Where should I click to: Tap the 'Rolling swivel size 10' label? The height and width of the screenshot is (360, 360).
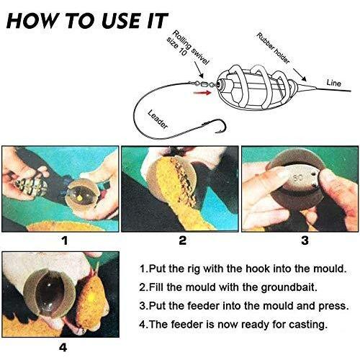188,49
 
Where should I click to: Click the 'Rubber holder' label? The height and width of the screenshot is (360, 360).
273,48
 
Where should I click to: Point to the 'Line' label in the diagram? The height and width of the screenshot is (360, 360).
333,83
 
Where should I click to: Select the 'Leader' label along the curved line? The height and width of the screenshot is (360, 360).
158,120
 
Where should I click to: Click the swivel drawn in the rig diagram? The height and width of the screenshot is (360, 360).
203,84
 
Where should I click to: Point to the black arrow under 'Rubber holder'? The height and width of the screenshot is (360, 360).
300,75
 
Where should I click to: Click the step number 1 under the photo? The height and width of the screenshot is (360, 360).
65,240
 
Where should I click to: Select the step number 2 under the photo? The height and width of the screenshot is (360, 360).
183,240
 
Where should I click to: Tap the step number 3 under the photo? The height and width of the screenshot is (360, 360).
305,240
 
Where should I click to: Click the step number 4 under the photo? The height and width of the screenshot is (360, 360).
63,347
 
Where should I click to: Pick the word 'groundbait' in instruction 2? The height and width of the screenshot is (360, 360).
287,287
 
